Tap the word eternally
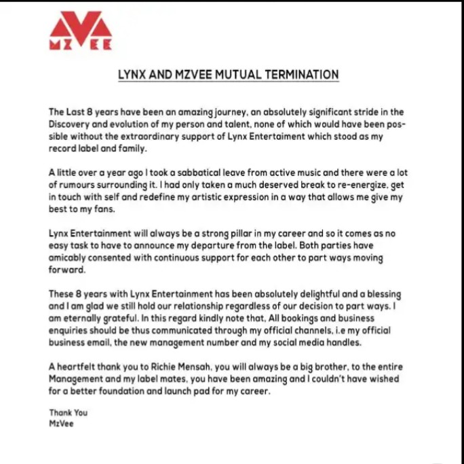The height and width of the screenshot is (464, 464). tap(87, 318)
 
